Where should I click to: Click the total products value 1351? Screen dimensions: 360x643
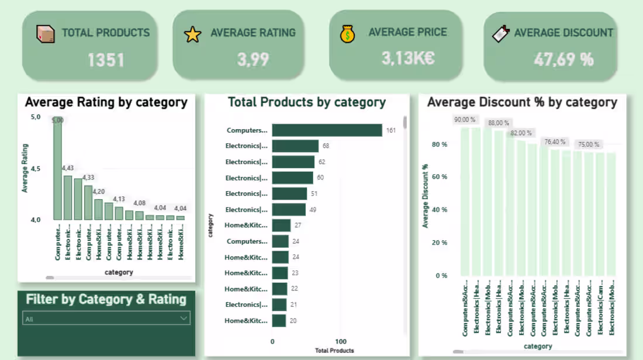point(106,60)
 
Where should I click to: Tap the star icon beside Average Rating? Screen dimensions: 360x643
point(192,34)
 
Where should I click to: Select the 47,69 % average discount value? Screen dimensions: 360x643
point(564,59)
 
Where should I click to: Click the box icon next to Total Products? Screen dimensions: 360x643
point(45,34)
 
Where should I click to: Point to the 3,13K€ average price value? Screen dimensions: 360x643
point(408,58)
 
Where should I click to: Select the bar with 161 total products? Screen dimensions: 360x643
point(327,130)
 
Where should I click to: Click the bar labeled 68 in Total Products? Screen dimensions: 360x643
point(295,146)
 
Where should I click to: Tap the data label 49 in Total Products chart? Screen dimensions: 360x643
point(313,210)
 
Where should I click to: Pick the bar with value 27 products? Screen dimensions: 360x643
point(281,225)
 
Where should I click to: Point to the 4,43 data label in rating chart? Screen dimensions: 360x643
point(68,169)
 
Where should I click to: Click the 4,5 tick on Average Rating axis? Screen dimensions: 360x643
point(35,169)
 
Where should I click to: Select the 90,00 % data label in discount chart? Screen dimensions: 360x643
point(465,120)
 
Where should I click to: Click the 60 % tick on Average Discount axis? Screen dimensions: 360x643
point(440,177)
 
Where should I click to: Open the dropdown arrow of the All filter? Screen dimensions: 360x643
point(184,319)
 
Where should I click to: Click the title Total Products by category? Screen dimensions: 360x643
point(306,103)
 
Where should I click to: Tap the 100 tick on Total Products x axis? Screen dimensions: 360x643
point(341,341)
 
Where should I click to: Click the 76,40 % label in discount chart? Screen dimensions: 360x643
point(555,142)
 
